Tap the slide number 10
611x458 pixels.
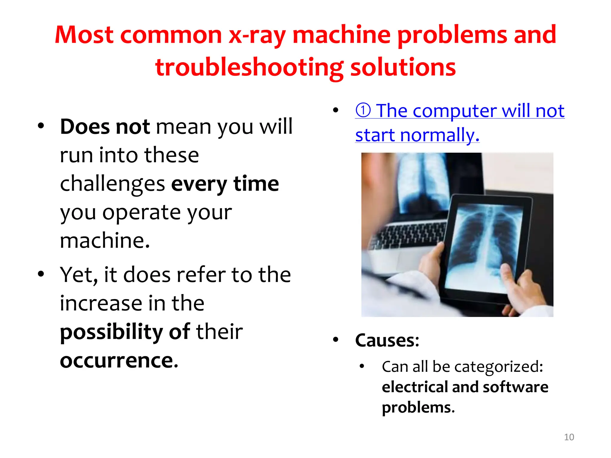pos(569,437)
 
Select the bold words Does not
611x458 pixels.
pos(105,127)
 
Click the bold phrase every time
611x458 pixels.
pos(225,184)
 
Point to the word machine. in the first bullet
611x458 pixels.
pos(105,240)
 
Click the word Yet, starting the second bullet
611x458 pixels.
pos(78,275)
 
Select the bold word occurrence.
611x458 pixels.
pos(119,360)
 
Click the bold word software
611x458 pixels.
pos(516,387)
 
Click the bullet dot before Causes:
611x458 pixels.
pos(336,340)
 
